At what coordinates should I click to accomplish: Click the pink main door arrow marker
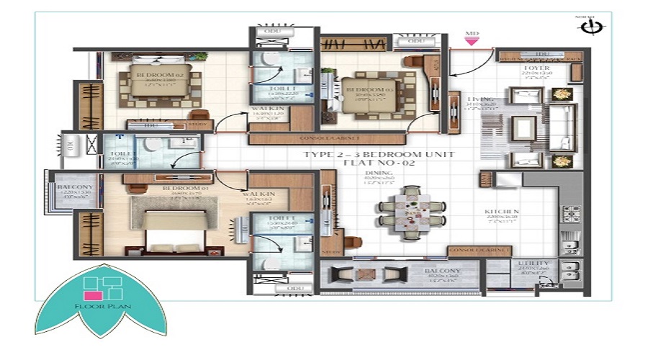tap(472, 42)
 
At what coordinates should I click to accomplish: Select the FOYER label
tap(536, 69)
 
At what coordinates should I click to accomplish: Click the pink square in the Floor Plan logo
tap(93, 294)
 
